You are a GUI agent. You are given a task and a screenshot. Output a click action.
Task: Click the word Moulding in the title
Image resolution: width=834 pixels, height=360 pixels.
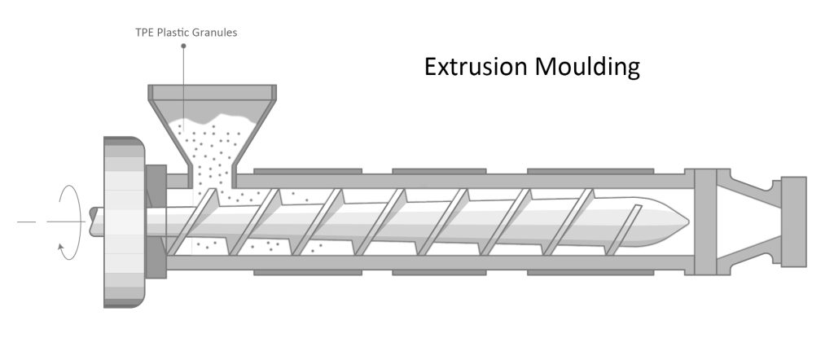pos(587,67)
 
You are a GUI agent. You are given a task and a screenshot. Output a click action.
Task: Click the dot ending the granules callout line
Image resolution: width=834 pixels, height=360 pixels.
pos(184,46)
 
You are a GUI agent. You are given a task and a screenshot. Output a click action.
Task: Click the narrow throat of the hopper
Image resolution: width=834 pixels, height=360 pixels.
pos(210,173)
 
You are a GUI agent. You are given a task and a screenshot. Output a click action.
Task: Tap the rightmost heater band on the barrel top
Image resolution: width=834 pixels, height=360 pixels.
pos(590,171)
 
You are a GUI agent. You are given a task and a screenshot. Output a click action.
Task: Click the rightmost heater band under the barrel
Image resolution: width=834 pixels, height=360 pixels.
pos(590,272)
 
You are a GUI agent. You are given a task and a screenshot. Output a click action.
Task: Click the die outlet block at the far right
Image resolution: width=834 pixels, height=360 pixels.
pos(793,221)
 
